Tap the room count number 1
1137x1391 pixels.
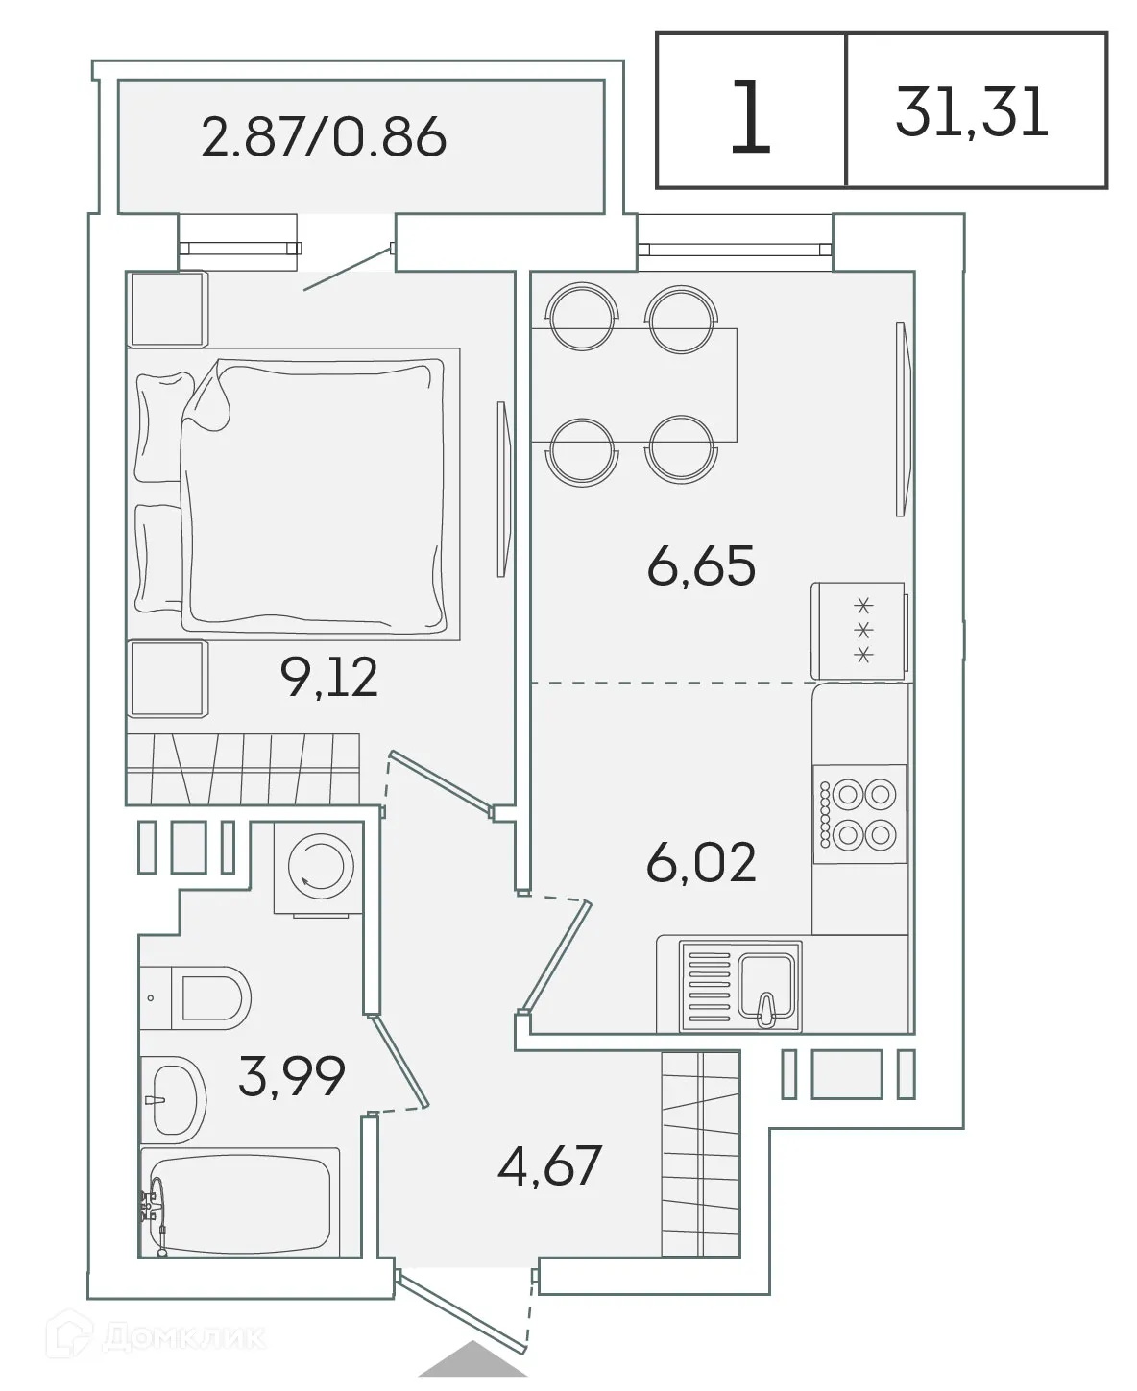tap(750, 117)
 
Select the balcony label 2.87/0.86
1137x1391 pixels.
tap(324, 137)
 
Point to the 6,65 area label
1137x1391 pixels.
tap(701, 565)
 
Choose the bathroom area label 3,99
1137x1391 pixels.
tap(291, 1076)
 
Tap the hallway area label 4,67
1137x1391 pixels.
tap(550, 1166)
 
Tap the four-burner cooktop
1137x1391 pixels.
tap(860, 814)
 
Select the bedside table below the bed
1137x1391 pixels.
tap(167, 680)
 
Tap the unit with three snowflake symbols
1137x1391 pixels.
tap(859, 630)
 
